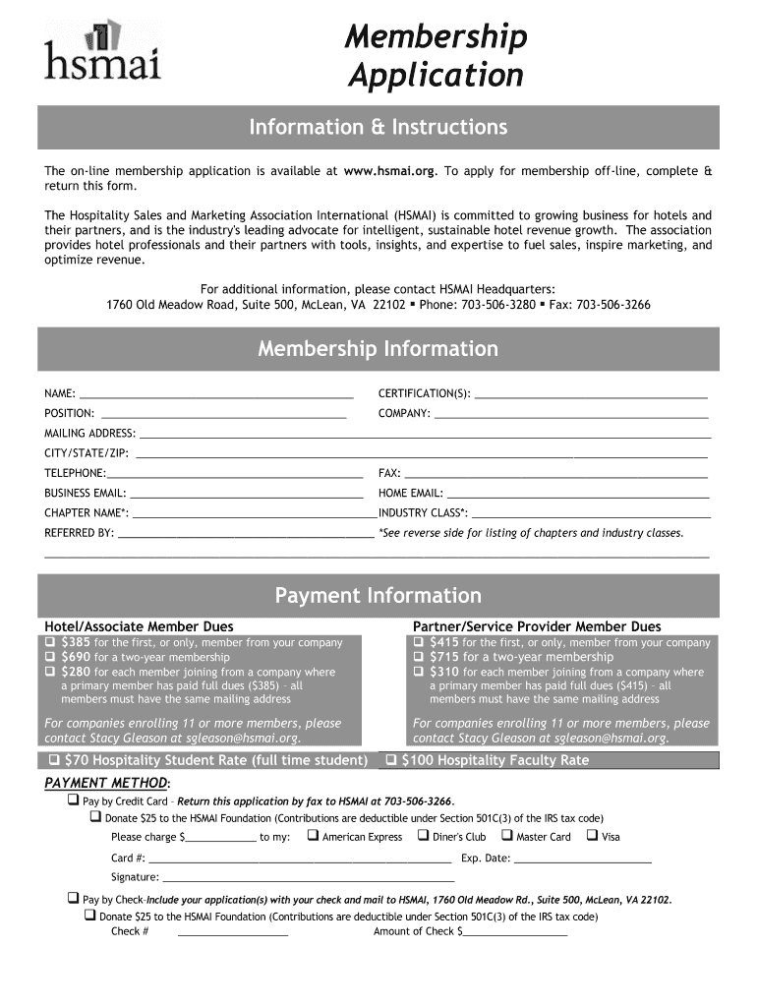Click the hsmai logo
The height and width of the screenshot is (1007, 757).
[x=101, y=50]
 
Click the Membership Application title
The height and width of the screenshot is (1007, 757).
[x=435, y=56]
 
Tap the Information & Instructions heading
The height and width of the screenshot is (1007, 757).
[x=378, y=128]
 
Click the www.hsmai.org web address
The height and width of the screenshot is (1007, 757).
[x=389, y=170]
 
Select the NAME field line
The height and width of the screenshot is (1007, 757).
[x=216, y=396]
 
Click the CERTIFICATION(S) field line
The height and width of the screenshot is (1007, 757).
[x=591, y=396]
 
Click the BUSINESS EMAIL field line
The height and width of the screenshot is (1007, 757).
[x=247, y=496]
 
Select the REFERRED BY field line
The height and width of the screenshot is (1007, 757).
[x=246, y=535]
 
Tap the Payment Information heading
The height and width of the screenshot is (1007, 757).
[x=378, y=596]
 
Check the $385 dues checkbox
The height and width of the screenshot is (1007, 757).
[x=49, y=642]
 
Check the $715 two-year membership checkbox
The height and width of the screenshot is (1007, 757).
[x=419, y=657]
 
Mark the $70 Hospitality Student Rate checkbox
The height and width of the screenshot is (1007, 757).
[x=53, y=760]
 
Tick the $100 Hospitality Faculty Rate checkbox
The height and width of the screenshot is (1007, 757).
[x=390, y=760]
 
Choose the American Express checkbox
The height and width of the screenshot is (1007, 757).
[x=312, y=836]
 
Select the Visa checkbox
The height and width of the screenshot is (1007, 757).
[x=592, y=836]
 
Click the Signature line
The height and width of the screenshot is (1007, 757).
[x=308, y=879]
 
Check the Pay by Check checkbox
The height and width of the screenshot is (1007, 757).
[x=73, y=898]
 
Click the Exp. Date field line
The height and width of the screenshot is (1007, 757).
[x=583, y=860]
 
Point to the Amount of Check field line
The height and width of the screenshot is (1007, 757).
[x=515, y=934]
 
